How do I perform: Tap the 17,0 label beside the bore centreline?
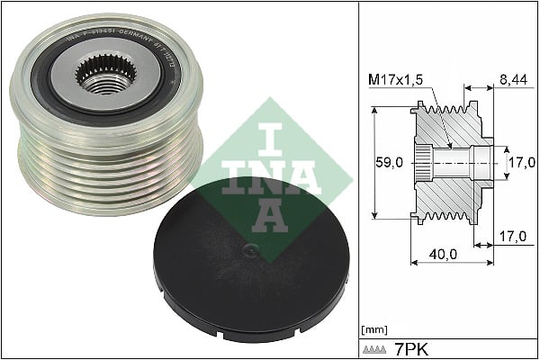[x=520, y=164]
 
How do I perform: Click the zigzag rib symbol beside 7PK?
[x=375, y=347]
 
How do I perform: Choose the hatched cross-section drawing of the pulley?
[x=450, y=164]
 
